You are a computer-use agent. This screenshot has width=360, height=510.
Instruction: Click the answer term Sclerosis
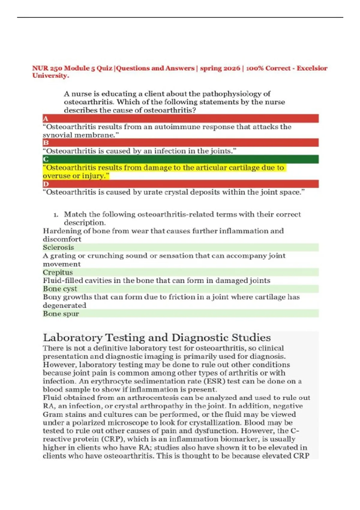coord(58,247)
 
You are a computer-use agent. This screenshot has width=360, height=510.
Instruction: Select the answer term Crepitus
coord(58,272)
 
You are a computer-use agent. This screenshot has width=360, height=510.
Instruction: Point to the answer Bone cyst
coord(60,289)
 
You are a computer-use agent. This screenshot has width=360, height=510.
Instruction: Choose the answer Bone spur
coord(61,314)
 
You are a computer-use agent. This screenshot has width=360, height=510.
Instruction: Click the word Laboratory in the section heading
coord(73,338)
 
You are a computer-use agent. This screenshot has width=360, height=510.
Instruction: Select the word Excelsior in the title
coord(312,68)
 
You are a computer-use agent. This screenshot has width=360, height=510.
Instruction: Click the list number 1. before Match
coord(55,215)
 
